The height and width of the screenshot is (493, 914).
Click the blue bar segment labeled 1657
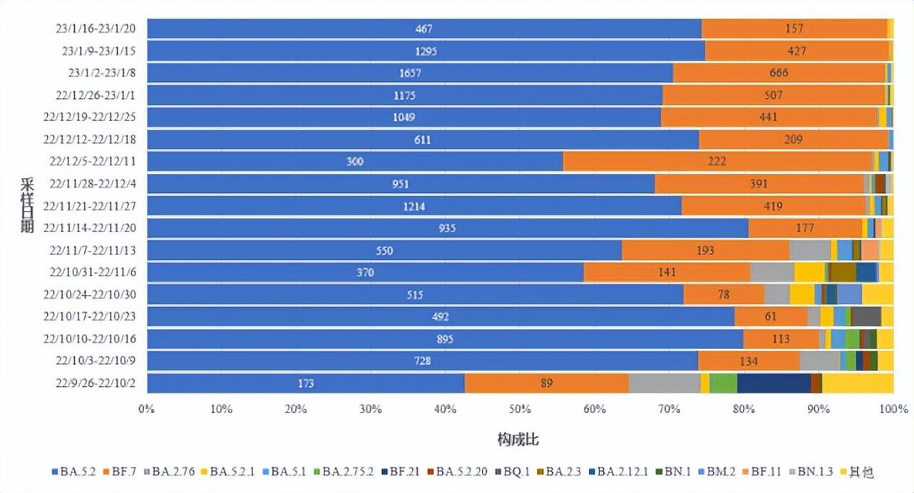click(x=409, y=73)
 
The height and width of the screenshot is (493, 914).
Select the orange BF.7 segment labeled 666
click(x=779, y=73)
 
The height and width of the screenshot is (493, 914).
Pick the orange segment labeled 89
click(x=546, y=383)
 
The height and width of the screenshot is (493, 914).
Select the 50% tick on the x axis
click(x=520, y=409)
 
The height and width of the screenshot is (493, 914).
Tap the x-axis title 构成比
click(x=518, y=440)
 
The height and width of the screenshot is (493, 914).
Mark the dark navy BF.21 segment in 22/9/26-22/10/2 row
click(x=774, y=383)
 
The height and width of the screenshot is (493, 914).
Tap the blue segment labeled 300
click(x=354, y=162)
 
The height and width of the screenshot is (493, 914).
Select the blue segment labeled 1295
click(x=425, y=51)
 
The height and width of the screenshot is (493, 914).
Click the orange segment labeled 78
click(x=724, y=294)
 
